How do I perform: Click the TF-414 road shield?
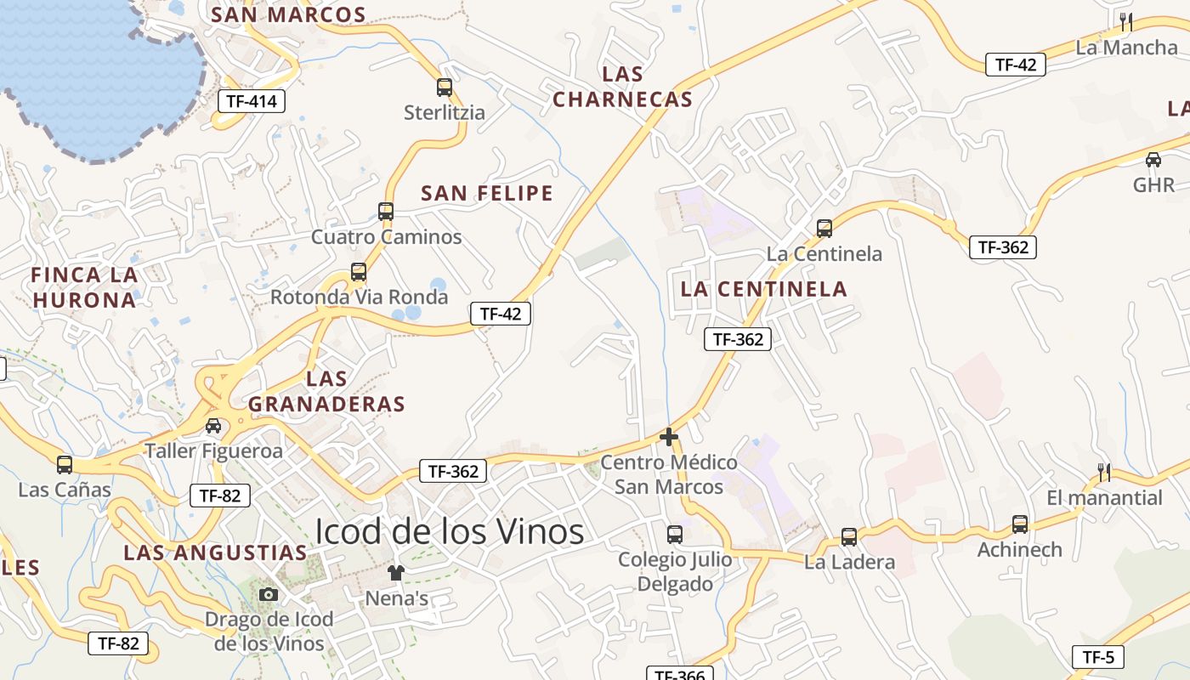[x=252, y=101]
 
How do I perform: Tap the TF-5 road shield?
[x=1098, y=657]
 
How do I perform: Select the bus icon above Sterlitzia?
[x=444, y=87]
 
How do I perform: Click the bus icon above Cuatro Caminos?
[x=386, y=211]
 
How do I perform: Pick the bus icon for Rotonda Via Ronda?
[x=359, y=272]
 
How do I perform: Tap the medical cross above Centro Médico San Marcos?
[x=669, y=438]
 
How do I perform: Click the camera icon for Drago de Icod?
[x=269, y=594]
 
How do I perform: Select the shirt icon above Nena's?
[x=395, y=573]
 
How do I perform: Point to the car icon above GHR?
[x=1153, y=159]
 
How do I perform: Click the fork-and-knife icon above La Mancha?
[x=1126, y=21]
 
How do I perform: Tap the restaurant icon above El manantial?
[x=1104, y=472]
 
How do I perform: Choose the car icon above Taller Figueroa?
[x=213, y=426]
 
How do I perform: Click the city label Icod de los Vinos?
[x=450, y=532]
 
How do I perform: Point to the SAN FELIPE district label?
[x=487, y=193]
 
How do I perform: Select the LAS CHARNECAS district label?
[x=623, y=87]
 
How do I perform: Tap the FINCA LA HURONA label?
[x=84, y=287]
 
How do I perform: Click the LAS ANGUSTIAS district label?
[x=215, y=552]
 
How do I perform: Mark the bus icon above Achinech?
[x=1020, y=524]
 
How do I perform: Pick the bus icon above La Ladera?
[x=849, y=536]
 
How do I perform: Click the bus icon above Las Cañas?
[x=65, y=464]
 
